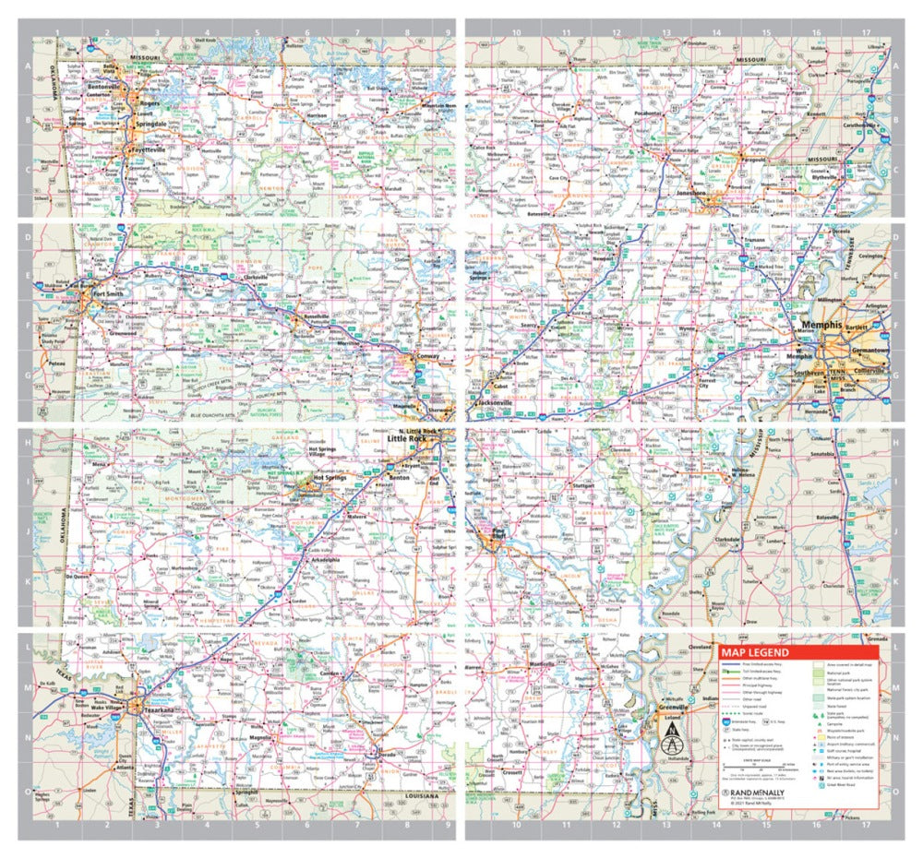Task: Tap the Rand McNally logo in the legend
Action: tap(757, 792)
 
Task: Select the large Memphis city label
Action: tap(821, 326)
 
